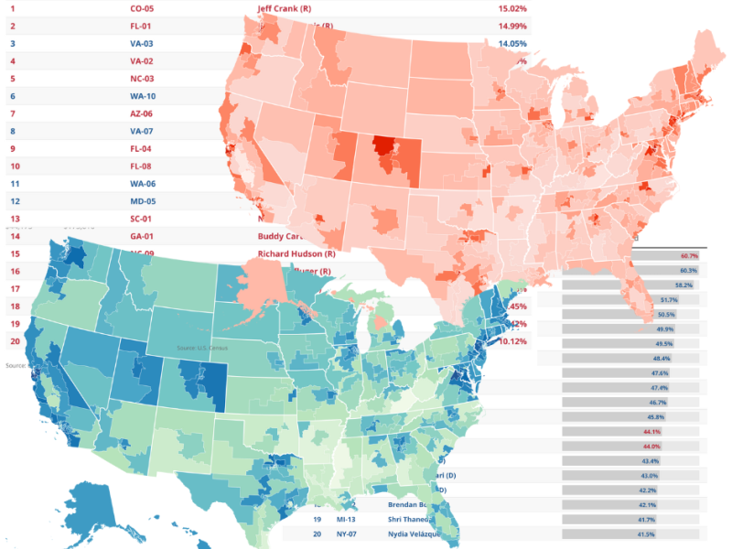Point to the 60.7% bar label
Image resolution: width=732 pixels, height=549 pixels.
[x=688, y=255]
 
